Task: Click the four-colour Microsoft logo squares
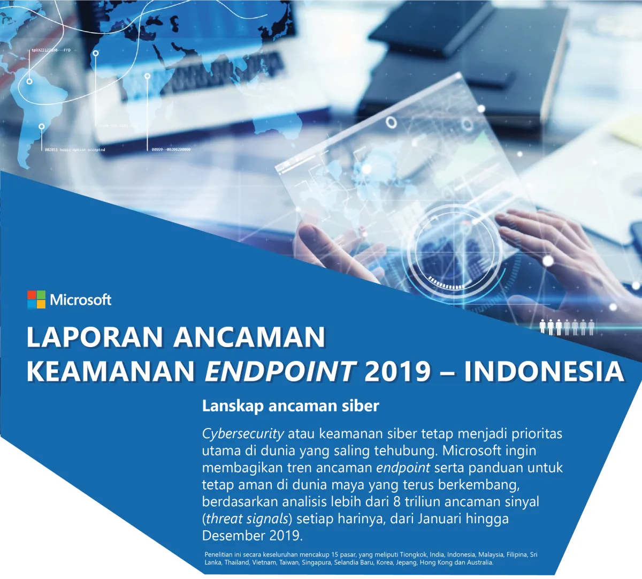[36, 299]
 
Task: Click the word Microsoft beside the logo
[81, 299]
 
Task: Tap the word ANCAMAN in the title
[249, 337]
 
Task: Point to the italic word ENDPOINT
[280, 371]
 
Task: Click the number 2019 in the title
[398, 371]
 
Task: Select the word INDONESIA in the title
[544, 371]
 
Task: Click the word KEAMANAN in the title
[111, 371]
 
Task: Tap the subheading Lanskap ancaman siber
[291, 406]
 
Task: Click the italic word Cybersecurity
[243, 433]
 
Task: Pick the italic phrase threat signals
[247, 518]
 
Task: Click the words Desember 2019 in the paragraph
[252, 536]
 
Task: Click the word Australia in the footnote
[479, 563]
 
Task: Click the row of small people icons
[567, 326]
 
